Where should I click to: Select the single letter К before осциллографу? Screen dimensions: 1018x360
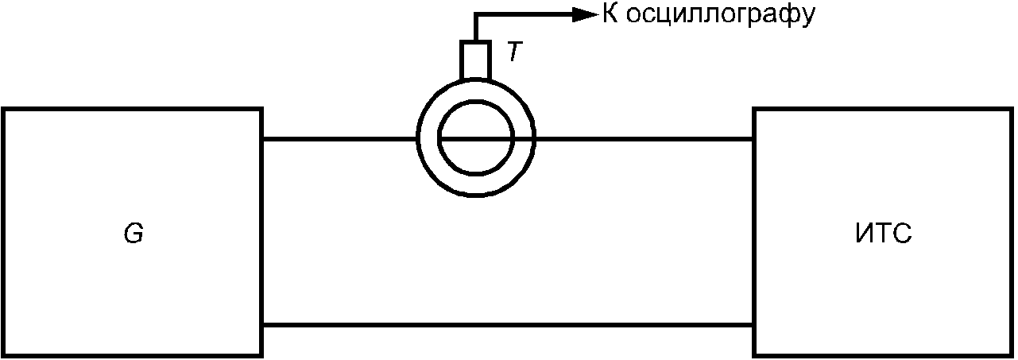(x=610, y=14)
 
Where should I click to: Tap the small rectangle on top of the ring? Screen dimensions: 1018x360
(x=474, y=60)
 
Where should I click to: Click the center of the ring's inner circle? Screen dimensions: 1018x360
(x=475, y=138)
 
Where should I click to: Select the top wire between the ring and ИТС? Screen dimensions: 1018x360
(x=644, y=139)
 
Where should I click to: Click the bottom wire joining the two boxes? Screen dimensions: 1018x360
(x=507, y=324)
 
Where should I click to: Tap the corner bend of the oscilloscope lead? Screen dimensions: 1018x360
(x=474, y=14)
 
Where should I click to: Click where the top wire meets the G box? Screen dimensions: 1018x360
(x=262, y=139)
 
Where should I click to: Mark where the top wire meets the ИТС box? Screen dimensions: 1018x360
(x=754, y=139)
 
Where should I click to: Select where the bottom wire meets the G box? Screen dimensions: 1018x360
(x=262, y=324)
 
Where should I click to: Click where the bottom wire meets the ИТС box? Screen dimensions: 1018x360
(x=754, y=324)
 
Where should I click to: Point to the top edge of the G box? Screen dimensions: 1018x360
(x=133, y=109)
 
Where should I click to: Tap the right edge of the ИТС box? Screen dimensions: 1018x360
(x=1011, y=232)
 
